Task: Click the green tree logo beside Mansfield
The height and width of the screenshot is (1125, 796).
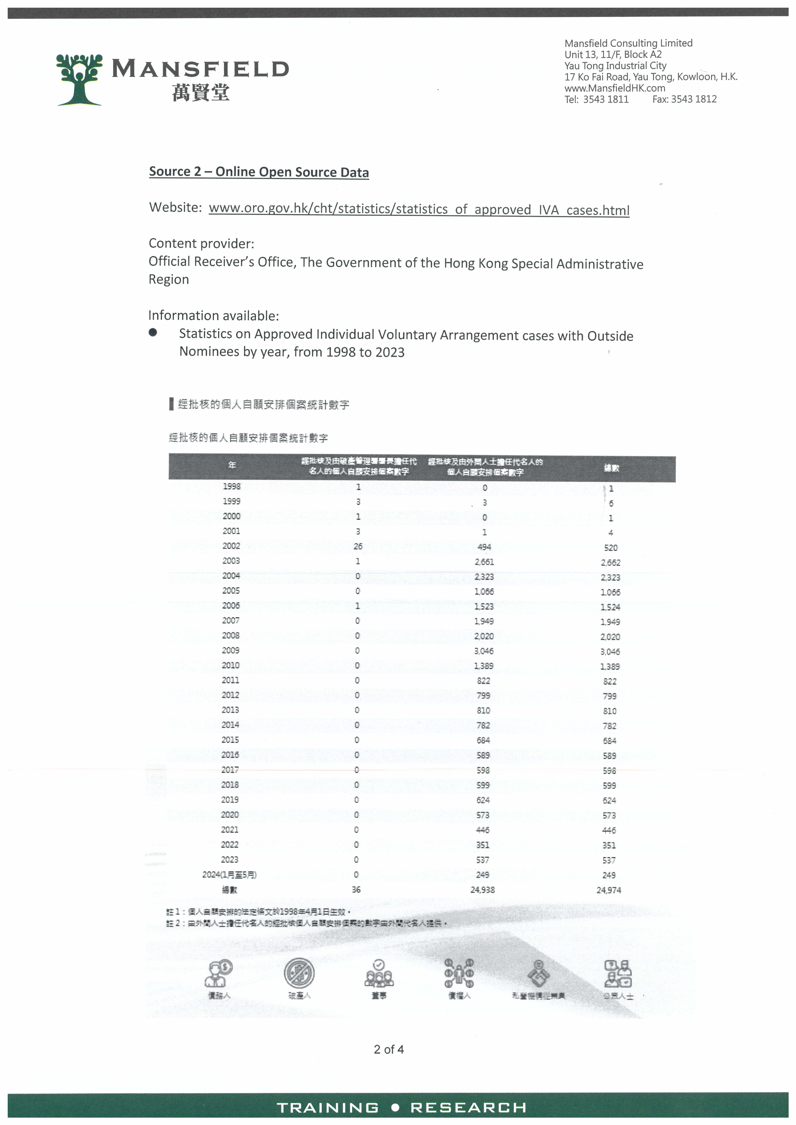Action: tap(79, 79)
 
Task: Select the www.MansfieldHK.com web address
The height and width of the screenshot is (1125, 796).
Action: tap(615, 88)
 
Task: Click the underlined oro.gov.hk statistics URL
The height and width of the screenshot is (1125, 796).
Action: tap(419, 210)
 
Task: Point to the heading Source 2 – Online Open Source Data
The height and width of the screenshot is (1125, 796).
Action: tap(259, 172)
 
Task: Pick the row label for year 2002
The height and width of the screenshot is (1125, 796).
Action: tap(231, 546)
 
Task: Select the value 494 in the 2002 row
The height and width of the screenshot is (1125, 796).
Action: tap(484, 547)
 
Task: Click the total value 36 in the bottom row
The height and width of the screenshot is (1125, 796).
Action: tap(356, 889)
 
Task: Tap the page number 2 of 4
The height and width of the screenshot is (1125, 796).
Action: tap(389, 1049)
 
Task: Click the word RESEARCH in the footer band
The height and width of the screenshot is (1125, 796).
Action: tap(468, 1107)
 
